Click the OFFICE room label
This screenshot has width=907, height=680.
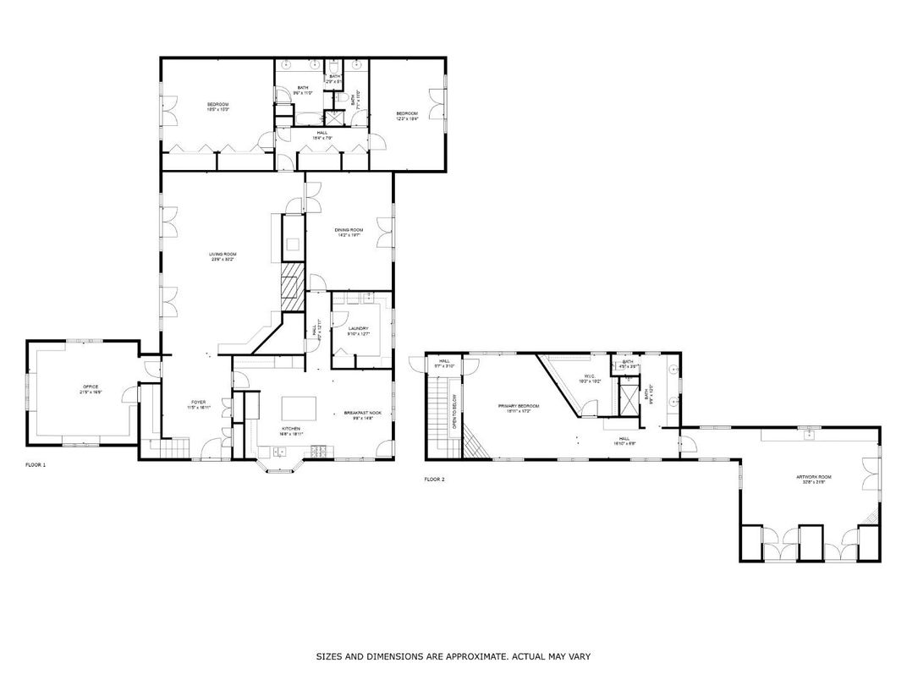[90, 387]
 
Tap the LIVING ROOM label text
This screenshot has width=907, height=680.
[223, 254]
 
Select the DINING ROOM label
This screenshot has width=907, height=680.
[349, 230]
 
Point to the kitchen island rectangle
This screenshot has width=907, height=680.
[299, 409]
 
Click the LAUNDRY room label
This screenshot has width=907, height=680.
[358, 329]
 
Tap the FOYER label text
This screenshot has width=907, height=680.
[198, 403]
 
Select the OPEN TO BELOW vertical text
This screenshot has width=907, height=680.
[454, 411]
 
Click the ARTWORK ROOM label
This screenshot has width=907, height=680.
[814, 477]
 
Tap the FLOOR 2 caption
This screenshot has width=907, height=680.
[434, 480]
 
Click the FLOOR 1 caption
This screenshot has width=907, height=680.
[35, 465]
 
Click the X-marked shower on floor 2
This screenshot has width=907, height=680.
[629, 397]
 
